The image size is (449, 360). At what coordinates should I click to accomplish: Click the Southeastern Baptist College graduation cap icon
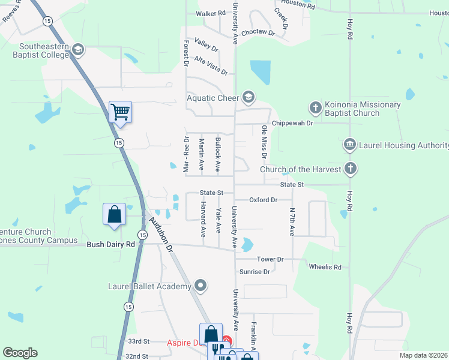pyautogui.click(x=77, y=49)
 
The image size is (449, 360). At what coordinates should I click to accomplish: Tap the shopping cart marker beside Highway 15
pyautogui.click(x=121, y=112)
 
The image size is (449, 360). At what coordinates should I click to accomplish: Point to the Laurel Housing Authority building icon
pyautogui.click(x=349, y=145)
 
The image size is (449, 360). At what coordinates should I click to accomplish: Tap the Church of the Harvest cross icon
pyautogui.click(x=350, y=169)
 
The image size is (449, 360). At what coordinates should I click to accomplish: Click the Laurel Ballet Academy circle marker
pyautogui.click(x=200, y=286)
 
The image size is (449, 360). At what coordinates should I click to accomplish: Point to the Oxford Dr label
pyautogui.click(x=264, y=200)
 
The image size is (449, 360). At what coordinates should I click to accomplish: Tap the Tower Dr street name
pyautogui.click(x=270, y=259)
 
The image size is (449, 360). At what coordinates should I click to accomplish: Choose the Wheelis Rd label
pyautogui.click(x=325, y=266)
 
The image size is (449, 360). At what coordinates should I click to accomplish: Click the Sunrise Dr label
pyautogui.click(x=255, y=272)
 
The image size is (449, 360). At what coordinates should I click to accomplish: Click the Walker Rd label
pyautogui.click(x=211, y=13)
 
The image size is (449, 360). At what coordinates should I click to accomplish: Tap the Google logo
pyautogui.click(x=20, y=353)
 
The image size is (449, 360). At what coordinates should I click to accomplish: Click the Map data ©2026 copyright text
pyautogui.click(x=423, y=355)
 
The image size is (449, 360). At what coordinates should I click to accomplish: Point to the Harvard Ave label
pyautogui.click(x=203, y=221)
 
